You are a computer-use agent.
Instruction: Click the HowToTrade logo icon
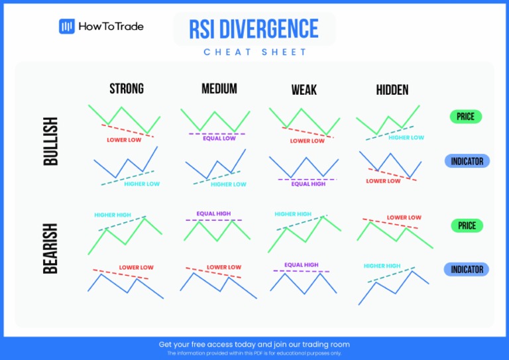tap(66, 27)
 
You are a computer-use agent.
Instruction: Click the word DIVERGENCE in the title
tap(272, 29)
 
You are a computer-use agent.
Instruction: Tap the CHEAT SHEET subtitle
tap(255, 52)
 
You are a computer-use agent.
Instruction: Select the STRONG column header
tap(127, 89)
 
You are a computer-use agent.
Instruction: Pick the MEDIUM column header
tap(219, 89)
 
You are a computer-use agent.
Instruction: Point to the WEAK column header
tap(305, 90)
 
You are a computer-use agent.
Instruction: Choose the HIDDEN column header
tap(392, 90)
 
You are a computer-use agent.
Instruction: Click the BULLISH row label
tap(50, 141)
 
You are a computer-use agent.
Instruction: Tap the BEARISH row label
tap(50, 248)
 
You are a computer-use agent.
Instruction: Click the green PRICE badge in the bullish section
tap(466, 117)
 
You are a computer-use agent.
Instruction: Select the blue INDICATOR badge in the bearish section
tap(467, 269)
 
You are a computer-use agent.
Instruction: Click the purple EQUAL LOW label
tap(219, 139)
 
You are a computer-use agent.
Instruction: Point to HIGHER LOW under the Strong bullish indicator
tap(142, 184)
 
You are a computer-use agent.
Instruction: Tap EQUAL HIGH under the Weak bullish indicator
tap(308, 184)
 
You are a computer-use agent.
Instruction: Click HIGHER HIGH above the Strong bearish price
tap(112, 215)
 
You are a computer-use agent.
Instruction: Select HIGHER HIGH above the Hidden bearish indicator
tap(382, 266)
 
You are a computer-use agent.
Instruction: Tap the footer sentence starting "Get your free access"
tap(254, 344)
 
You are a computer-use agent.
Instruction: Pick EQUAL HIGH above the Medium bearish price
tap(213, 213)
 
